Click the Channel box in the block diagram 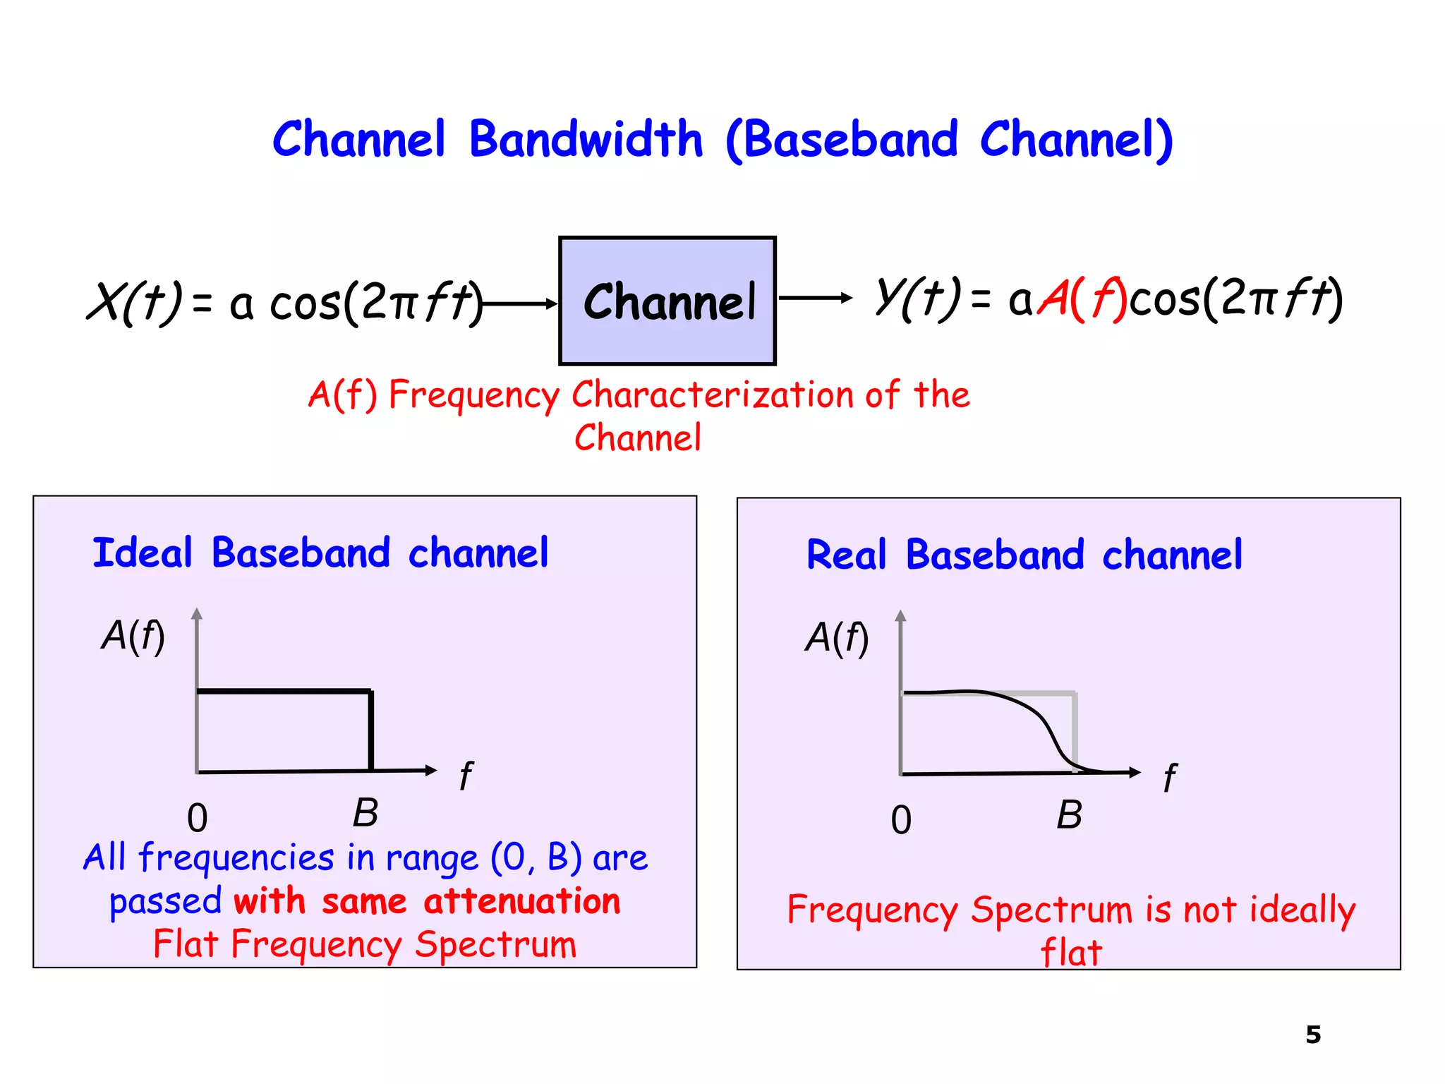pyautogui.click(x=667, y=301)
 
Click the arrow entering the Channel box pyautogui.click(x=521, y=304)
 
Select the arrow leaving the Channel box pyautogui.click(x=815, y=299)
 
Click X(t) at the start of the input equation pyautogui.click(x=134, y=302)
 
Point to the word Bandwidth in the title pyautogui.click(x=586, y=139)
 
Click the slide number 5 pyautogui.click(x=1313, y=1035)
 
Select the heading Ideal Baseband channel pyautogui.click(x=320, y=553)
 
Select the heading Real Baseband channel pyautogui.click(x=1024, y=555)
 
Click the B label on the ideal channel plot pyautogui.click(x=365, y=813)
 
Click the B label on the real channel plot pyautogui.click(x=1069, y=815)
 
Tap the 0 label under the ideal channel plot pyautogui.click(x=198, y=819)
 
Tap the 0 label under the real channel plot pyautogui.click(x=901, y=821)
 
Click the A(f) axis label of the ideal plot pyautogui.click(x=133, y=636)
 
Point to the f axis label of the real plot pyautogui.click(x=1169, y=778)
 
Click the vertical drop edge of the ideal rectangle pyautogui.click(x=371, y=730)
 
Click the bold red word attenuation pyautogui.click(x=522, y=901)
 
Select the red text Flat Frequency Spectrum pyautogui.click(x=365, y=944)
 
